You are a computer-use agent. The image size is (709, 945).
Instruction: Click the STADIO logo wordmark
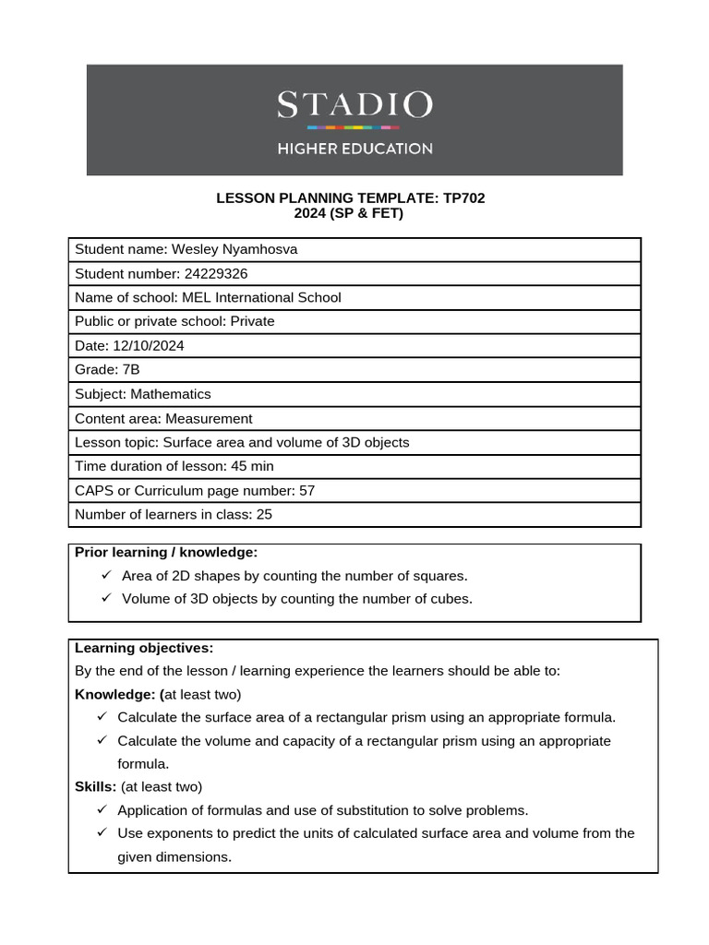(x=354, y=104)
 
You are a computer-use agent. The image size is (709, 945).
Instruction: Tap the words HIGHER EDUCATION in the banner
(x=354, y=149)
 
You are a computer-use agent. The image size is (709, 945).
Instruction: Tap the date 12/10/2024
(x=148, y=345)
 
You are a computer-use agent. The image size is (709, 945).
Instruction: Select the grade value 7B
(x=131, y=369)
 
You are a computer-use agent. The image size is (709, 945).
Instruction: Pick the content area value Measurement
(x=209, y=418)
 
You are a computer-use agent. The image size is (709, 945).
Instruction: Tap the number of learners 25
(x=264, y=514)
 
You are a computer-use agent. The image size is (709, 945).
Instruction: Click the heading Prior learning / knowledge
(x=166, y=552)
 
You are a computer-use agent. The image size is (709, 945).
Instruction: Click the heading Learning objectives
(x=144, y=648)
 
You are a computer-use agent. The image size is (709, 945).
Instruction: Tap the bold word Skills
(x=95, y=786)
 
